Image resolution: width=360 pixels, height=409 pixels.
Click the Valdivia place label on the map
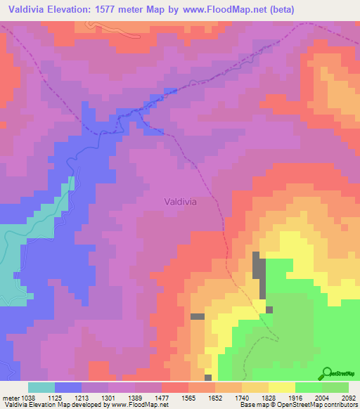click(180, 201)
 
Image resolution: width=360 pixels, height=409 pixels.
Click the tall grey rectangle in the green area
click(259, 278)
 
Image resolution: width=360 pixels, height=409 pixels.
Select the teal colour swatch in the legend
click(41, 387)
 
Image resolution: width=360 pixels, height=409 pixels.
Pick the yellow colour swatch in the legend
click(281, 387)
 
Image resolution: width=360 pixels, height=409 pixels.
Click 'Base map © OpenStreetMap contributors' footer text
click(298, 405)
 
